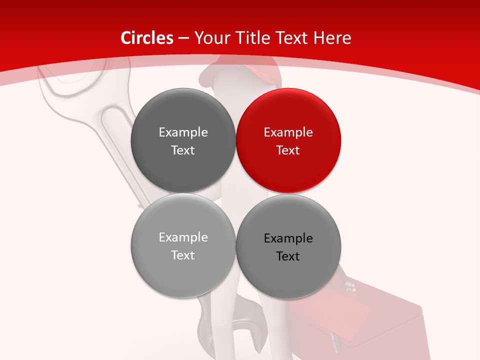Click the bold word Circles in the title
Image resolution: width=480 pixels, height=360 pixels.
(147, 38)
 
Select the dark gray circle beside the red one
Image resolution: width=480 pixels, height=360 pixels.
(183, 141)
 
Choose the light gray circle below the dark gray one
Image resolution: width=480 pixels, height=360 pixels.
(183, 246)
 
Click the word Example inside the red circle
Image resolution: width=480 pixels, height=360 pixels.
(288, 132)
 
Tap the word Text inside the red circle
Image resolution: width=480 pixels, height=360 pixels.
(288, 150)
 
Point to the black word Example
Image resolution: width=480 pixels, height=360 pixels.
(288, 238)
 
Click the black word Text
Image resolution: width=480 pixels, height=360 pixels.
(288, 256)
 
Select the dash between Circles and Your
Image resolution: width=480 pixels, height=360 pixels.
(183, 38)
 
